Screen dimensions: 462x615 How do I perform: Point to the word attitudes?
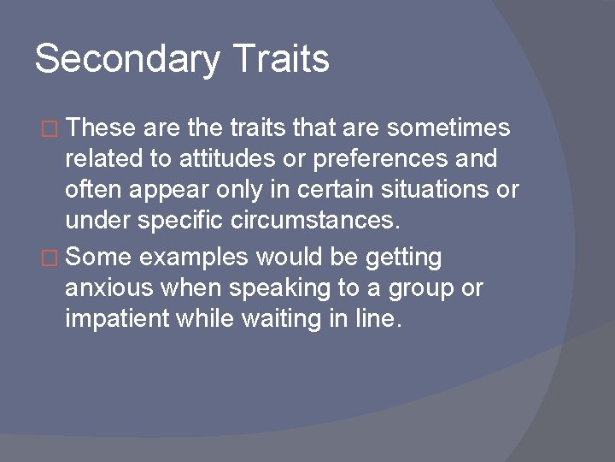tap(223, 160)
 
